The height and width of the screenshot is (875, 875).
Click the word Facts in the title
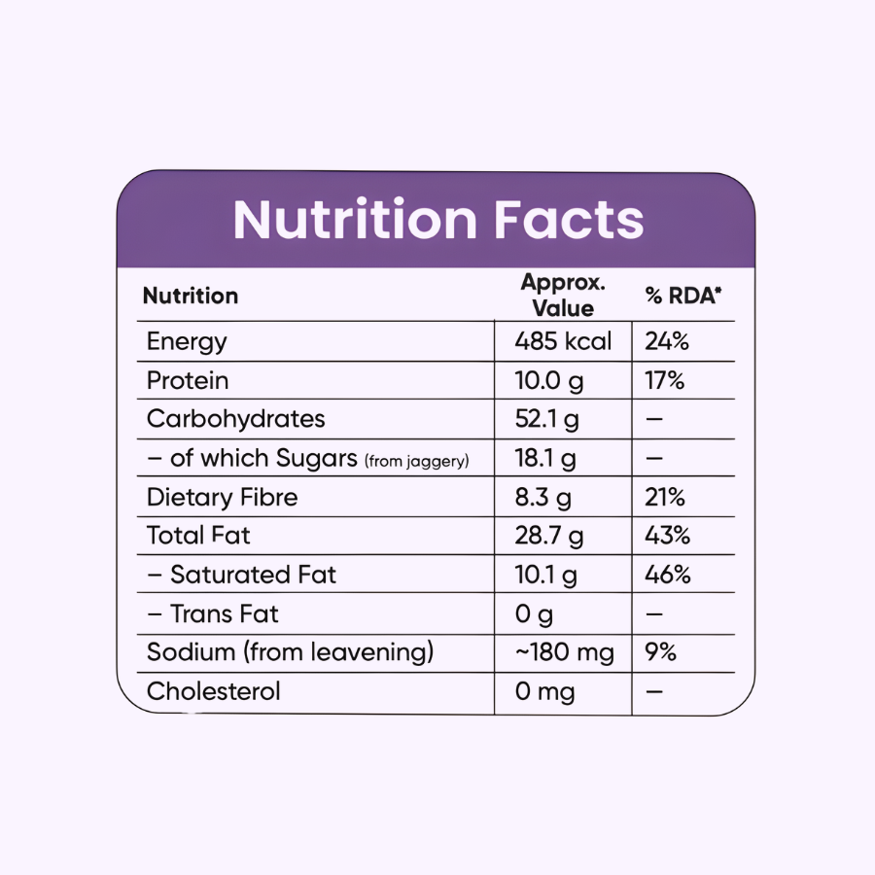click(x=569, y=220)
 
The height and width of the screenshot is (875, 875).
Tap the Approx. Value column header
click(x=563, y=296)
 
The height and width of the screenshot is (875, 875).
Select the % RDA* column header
click(x=683, y=296)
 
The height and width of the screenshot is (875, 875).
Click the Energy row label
click(x=187, y=341)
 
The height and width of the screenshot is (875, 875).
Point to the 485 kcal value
click(x=563, y=341)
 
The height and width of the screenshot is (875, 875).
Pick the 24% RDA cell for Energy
click(x=667, y=341)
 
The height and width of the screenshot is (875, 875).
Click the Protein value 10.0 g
click(x=549, y=380)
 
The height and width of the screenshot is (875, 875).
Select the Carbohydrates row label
click(x=235, y=419)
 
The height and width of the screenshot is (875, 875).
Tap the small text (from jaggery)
click(x=416, y=461)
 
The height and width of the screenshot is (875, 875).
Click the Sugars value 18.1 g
click(x=546, y=458)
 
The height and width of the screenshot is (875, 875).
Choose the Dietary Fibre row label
click(x=222, y=497)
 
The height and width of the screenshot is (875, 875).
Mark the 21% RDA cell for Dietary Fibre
click(x=665, y=497)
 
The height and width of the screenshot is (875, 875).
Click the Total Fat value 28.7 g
click(x=549, y=536)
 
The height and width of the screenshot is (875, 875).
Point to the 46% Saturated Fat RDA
click(x=668, y=575)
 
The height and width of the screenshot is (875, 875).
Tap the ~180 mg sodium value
click(x=565, y=652)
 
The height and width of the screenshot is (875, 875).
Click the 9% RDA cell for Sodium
click(x=660, y=652)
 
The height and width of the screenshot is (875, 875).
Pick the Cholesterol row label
click(x=213, y=691)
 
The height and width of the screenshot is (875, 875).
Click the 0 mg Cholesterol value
click(x=544, y=691)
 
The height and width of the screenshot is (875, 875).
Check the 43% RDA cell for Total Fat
click(x=668, y=536)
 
